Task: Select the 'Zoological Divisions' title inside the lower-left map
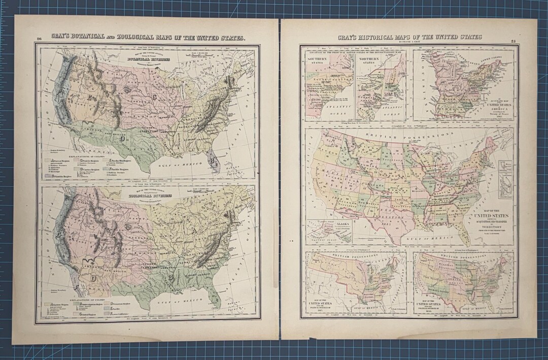coord(151,195)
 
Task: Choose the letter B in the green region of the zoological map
coord(172,277)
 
